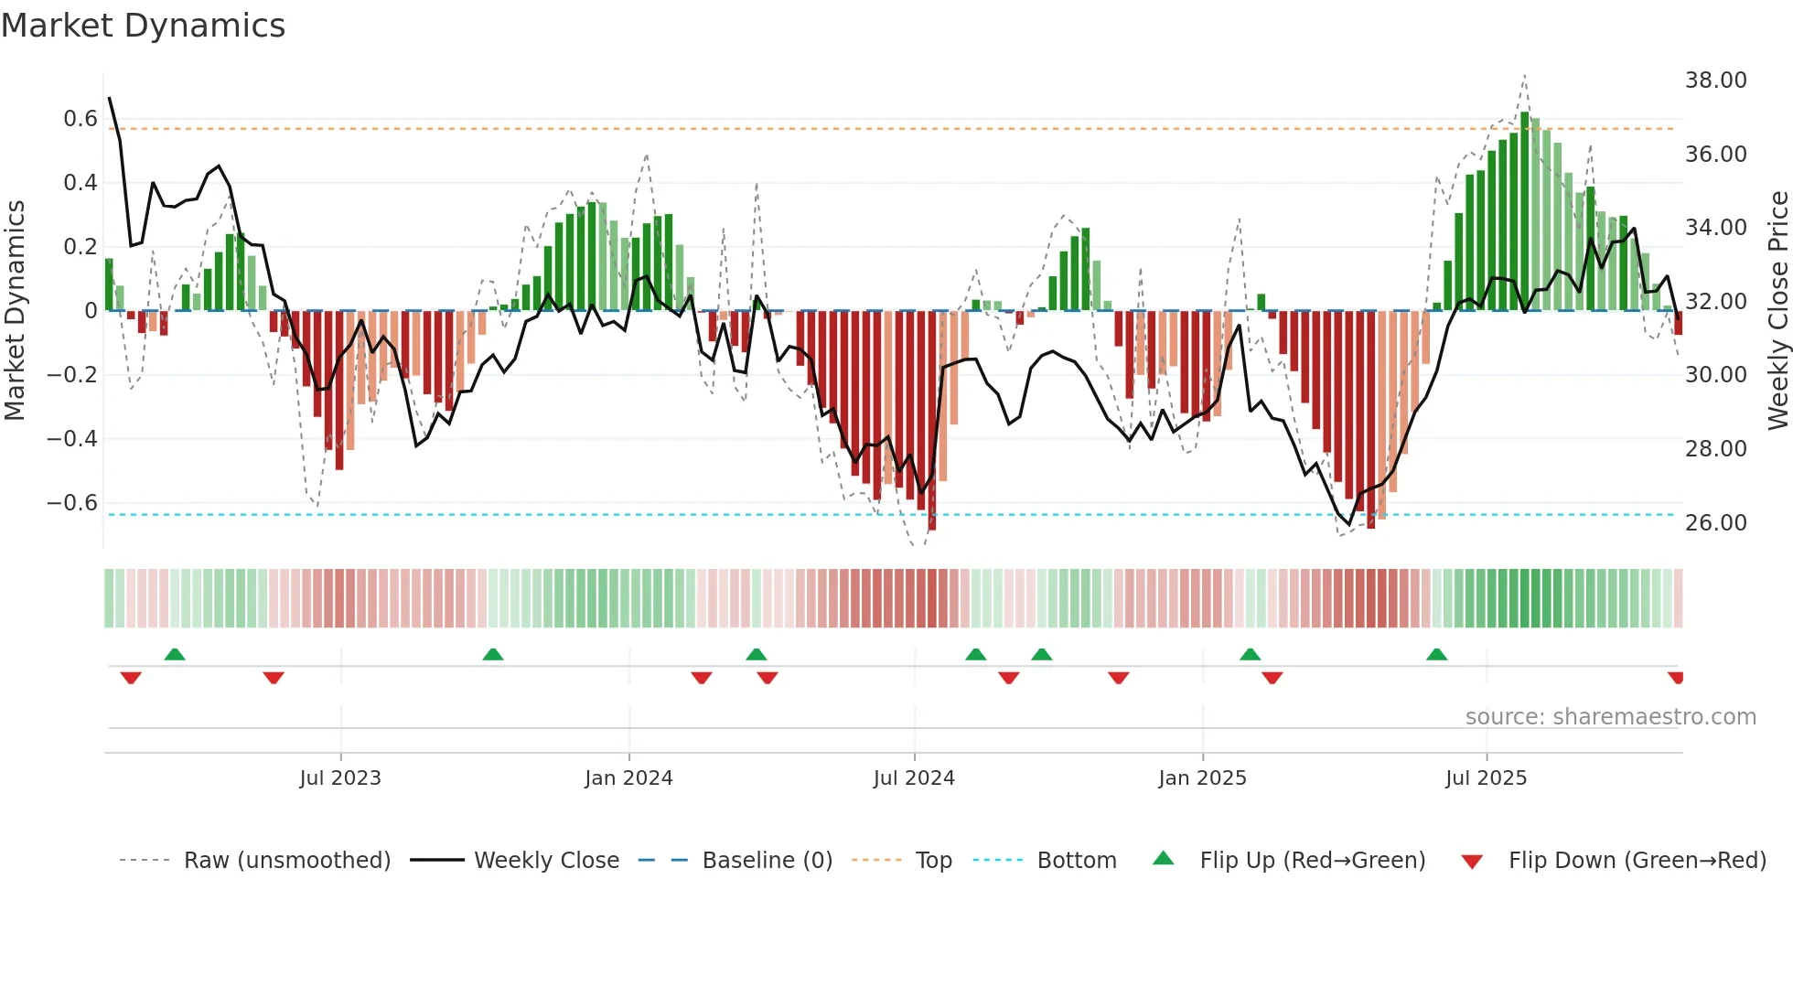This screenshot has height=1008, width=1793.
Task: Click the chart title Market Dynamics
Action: [x=143, y=26]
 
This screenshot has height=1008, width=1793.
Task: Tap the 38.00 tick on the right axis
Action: [x=1715, y=80]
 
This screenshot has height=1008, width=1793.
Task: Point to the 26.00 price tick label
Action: [x=1715, y=523]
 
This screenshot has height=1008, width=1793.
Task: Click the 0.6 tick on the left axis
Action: [x=81, y=119]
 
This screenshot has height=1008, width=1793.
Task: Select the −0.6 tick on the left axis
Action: [x=72, y=503]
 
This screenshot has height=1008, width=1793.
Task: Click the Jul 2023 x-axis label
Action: [x=340, y=778]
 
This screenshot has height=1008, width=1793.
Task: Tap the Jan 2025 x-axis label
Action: [x=1202, y=778]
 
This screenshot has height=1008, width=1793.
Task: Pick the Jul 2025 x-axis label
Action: [x=1486, y=778]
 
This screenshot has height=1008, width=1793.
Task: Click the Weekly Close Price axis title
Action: [x=1777, y=311]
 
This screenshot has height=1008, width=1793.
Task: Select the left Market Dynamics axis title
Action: [x=15, y=311]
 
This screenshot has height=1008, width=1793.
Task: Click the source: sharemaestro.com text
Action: [x=1610, y=717]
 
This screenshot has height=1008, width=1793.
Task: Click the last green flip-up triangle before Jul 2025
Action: [x=1436, y=655]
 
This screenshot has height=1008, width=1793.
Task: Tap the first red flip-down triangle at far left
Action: [x=131, y=678]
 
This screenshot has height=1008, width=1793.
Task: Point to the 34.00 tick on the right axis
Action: [x=1715, y=228]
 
